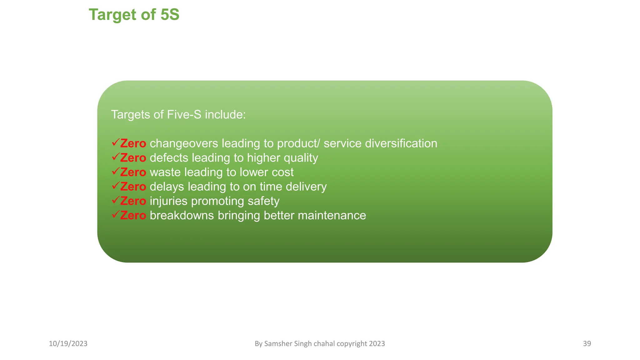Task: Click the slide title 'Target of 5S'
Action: click(x=134, y=15)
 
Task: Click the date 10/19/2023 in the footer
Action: click(x=68, y=344)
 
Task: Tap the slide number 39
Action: click(x=587, y=344)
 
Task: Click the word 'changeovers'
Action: click(x=184, y=143)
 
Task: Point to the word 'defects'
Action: click(x=169, y=158)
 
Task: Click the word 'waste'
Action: click(x=165, y=172)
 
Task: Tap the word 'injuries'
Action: click(x=168, y=201)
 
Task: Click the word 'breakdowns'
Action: click(x=182, y=215)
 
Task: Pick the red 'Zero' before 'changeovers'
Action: click(x=133, y=143)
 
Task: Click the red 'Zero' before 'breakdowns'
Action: click(x=133, y=215)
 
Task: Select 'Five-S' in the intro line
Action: click(x=184, y=115)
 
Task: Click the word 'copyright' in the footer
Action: click(x=352, y=344)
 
